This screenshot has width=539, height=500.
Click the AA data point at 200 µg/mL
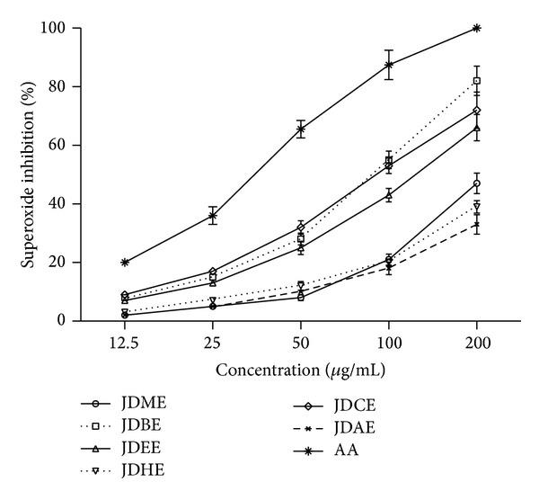click(476, 28)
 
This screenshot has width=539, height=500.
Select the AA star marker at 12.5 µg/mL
click(125, 263)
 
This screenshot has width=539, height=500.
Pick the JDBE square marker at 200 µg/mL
click(476, 81)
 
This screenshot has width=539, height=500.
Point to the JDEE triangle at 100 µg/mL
click(389, 194)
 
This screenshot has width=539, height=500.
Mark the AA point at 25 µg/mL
click(213, 216)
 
